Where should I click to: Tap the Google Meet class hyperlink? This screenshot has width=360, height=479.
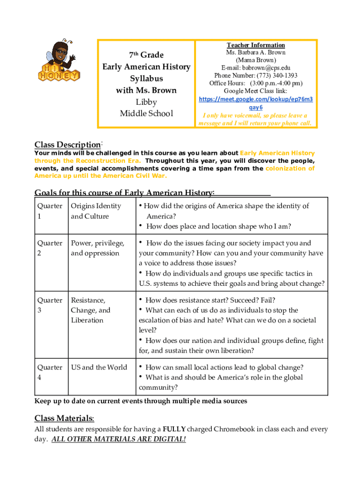(x=256, y=103)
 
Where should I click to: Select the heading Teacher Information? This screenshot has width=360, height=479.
(x=256, y=45)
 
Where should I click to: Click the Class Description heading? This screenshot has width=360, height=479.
(x=68, y=145)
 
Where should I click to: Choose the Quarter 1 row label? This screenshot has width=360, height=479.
(x=50, y=211)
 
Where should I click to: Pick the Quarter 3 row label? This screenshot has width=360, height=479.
(x=50, y=305)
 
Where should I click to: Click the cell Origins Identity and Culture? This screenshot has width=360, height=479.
(x=96, y=211)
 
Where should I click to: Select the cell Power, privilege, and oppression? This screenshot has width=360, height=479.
(x=97, y=248)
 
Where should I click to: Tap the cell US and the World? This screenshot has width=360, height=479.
(x=99, y=367)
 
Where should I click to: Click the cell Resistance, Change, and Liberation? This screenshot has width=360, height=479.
(x=90, y=310)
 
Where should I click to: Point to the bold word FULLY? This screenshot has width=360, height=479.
(x=174, y=429)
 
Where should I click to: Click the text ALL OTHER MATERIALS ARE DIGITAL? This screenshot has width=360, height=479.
(x=119, y=439)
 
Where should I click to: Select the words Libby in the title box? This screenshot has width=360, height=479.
(x=146, y=102)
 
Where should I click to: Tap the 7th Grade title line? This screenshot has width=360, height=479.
(x=146, y=55)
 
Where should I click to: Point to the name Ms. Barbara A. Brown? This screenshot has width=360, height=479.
(x=256, y=52)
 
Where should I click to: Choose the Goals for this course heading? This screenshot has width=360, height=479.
(x=125, y=193)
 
